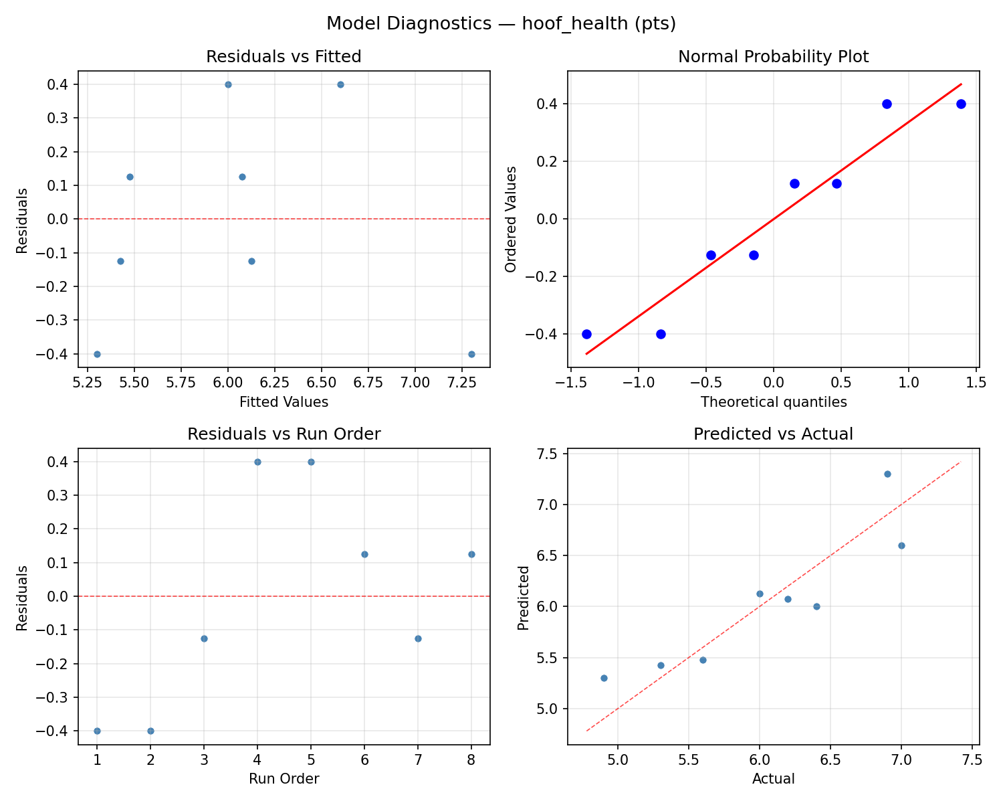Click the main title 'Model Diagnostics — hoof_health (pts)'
[501, 23]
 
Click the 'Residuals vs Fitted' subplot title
[284, 57]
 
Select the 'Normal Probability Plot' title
[773, 57]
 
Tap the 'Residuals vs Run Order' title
[284, 434]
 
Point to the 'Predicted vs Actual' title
[773, 434]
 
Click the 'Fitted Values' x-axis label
[284, 402]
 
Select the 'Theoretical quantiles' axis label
[773, 402]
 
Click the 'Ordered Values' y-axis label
[511, 219]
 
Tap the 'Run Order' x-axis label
[284, 779]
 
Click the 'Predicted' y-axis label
[524, 598]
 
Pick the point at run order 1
[97, 731]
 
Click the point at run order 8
[471, 554]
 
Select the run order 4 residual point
[257, 462]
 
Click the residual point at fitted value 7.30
[471, 354]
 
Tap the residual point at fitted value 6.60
[340, 84]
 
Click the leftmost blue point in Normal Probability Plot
[586, 334]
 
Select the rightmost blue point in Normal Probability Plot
[961, 104]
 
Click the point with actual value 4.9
[604, 678]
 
